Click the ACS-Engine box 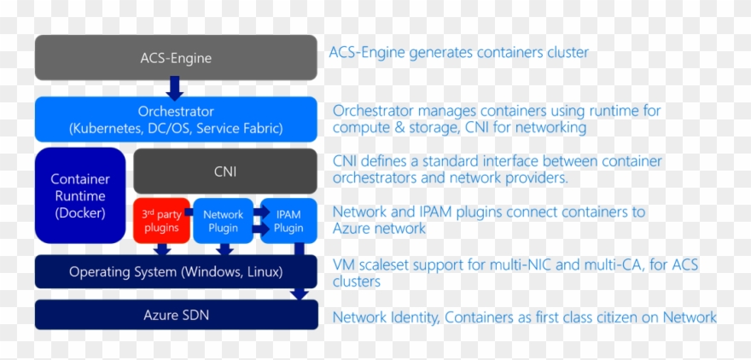[x=176, y=58]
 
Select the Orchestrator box [x=176, y=119]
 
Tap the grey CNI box [x=225, y=171]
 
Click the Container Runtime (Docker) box [x=80, y=195]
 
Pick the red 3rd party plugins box [x=160, y=220]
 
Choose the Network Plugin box [x=223, y=221]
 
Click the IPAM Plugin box [x=288, y=221]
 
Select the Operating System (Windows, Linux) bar [x=176, y=272]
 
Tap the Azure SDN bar [x=176, y=315]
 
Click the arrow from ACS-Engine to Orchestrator [x=175, y=88]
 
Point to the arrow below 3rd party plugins [x=162, y=249]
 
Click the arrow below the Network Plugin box [x=224, y=249]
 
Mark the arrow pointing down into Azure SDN [x=300, y=292]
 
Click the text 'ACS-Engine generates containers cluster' [x=458, y=53]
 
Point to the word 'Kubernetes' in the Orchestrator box [x=110, y=129]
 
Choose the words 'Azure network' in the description [x=379, y=229]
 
